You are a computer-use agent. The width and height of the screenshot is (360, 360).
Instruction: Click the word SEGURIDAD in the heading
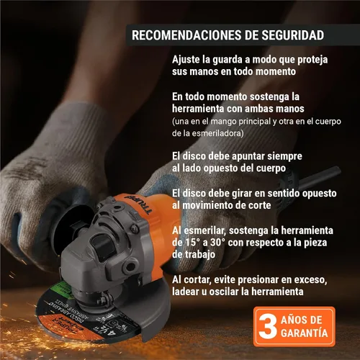tap(292, 35)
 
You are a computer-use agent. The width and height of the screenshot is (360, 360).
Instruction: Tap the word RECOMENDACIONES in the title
tap(186, 35)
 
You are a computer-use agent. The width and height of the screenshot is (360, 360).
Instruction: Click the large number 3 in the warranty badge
tap(267, 326)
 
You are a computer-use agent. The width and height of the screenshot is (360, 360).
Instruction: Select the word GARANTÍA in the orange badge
tap(305, 333)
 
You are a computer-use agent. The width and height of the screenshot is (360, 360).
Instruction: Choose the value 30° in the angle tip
tap(217, 243)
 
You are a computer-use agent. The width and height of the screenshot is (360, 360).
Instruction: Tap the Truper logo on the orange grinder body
tap(138, 204)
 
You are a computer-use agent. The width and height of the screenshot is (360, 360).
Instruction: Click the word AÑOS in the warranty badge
tap(302, 320)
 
